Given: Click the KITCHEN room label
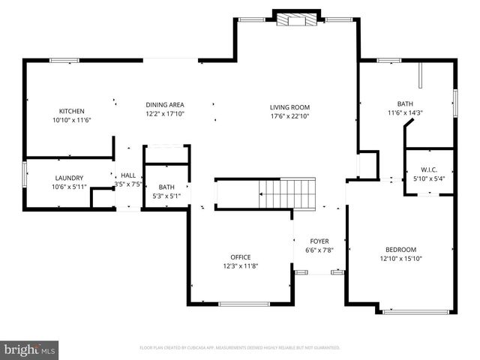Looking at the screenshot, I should (x=72, y=111).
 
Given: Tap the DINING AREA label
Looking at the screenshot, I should (x=165, y=105).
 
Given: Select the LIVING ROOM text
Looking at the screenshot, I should (x=289, y=107).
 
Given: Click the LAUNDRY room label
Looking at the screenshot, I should (x=68, y=178).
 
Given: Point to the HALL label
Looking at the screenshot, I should (x=128, y=175).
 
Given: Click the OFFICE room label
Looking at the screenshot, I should (x=240, y=256).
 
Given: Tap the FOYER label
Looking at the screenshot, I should (x=319, y=241).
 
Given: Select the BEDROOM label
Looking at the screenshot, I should (x=400, y=250).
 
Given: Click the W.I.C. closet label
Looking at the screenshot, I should (x=429, y=169).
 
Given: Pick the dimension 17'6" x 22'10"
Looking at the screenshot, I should (x=289, y=116).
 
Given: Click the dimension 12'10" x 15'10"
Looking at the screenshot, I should (x=400, y=259).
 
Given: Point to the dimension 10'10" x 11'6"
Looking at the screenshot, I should (x=72, y=120).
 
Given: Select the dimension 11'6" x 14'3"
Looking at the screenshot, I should (x=405, y=113).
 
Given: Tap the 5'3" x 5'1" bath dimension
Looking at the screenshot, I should (x=166, y=196).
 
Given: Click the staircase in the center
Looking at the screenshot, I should (x=286, y=193).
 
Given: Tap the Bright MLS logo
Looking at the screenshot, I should (x=30, y=349).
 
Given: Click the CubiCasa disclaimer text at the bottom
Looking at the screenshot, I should (x=240, y=348).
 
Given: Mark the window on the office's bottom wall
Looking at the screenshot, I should (x=243, y=304).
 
